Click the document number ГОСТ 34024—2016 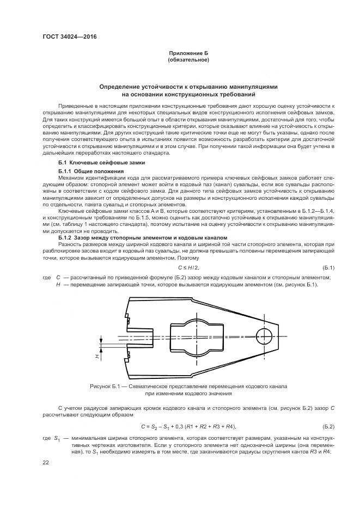(x=65, y=38)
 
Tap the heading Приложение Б (x=188, y=53)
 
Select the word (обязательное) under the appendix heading (x=188, y=59)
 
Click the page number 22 (x=46, y=462)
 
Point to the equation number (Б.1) (x=328, y=267)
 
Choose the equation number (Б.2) (x=328, y=426)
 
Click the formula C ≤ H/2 (x=188, y=267)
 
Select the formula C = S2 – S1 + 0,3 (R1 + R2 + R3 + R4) (x=188, y=426)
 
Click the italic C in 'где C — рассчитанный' (x=58, y=278)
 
